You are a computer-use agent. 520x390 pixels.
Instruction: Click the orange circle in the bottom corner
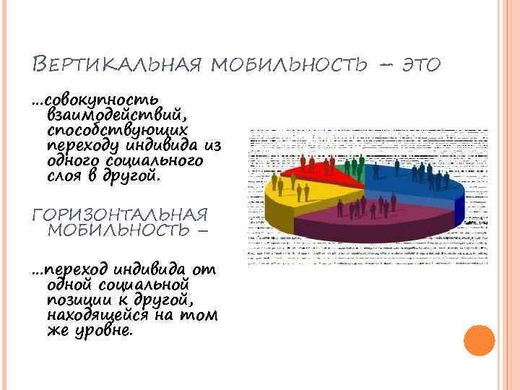(x=478, y=341)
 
